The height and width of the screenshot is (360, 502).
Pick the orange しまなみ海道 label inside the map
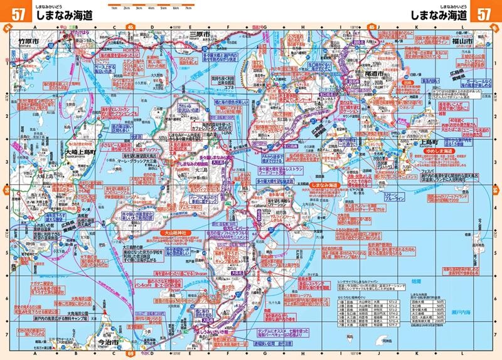[325, 186]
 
